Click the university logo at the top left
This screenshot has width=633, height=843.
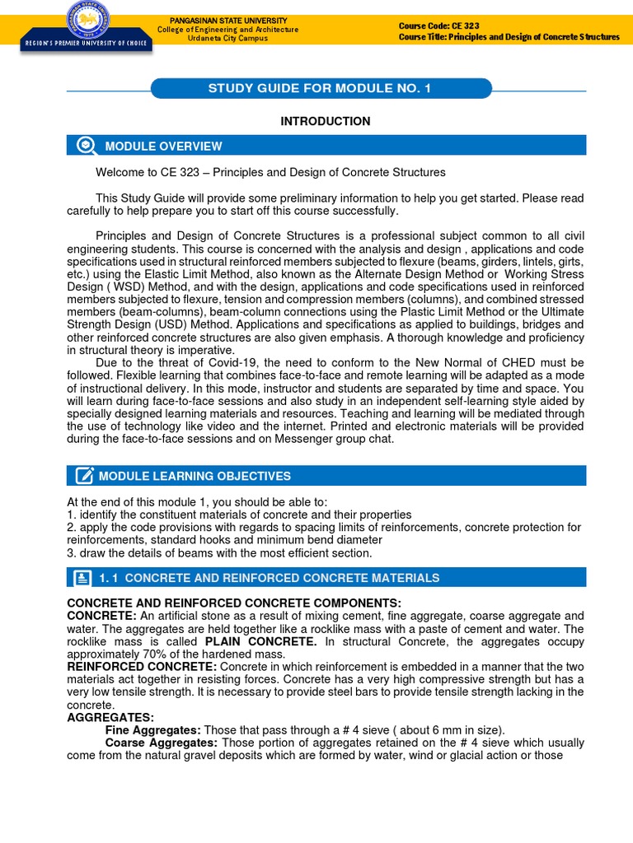(x=86, y=18)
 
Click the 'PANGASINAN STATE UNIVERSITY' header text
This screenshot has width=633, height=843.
(x=227, y=20)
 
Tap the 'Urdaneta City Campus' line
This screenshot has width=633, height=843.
(x=227, y=39)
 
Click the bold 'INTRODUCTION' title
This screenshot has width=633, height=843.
(x=326, y=121)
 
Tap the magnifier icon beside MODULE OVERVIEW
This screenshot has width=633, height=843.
(x=85, y=146)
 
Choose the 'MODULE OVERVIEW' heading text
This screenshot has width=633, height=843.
(x=163, y=147)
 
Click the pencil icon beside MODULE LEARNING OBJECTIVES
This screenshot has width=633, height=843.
(x=84, y=476)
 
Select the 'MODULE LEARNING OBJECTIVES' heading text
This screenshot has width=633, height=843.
(x=195, y=476)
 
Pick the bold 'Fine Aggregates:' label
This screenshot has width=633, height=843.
(x=153, y=730)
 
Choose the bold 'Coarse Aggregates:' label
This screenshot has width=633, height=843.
(x=162, y=743)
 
